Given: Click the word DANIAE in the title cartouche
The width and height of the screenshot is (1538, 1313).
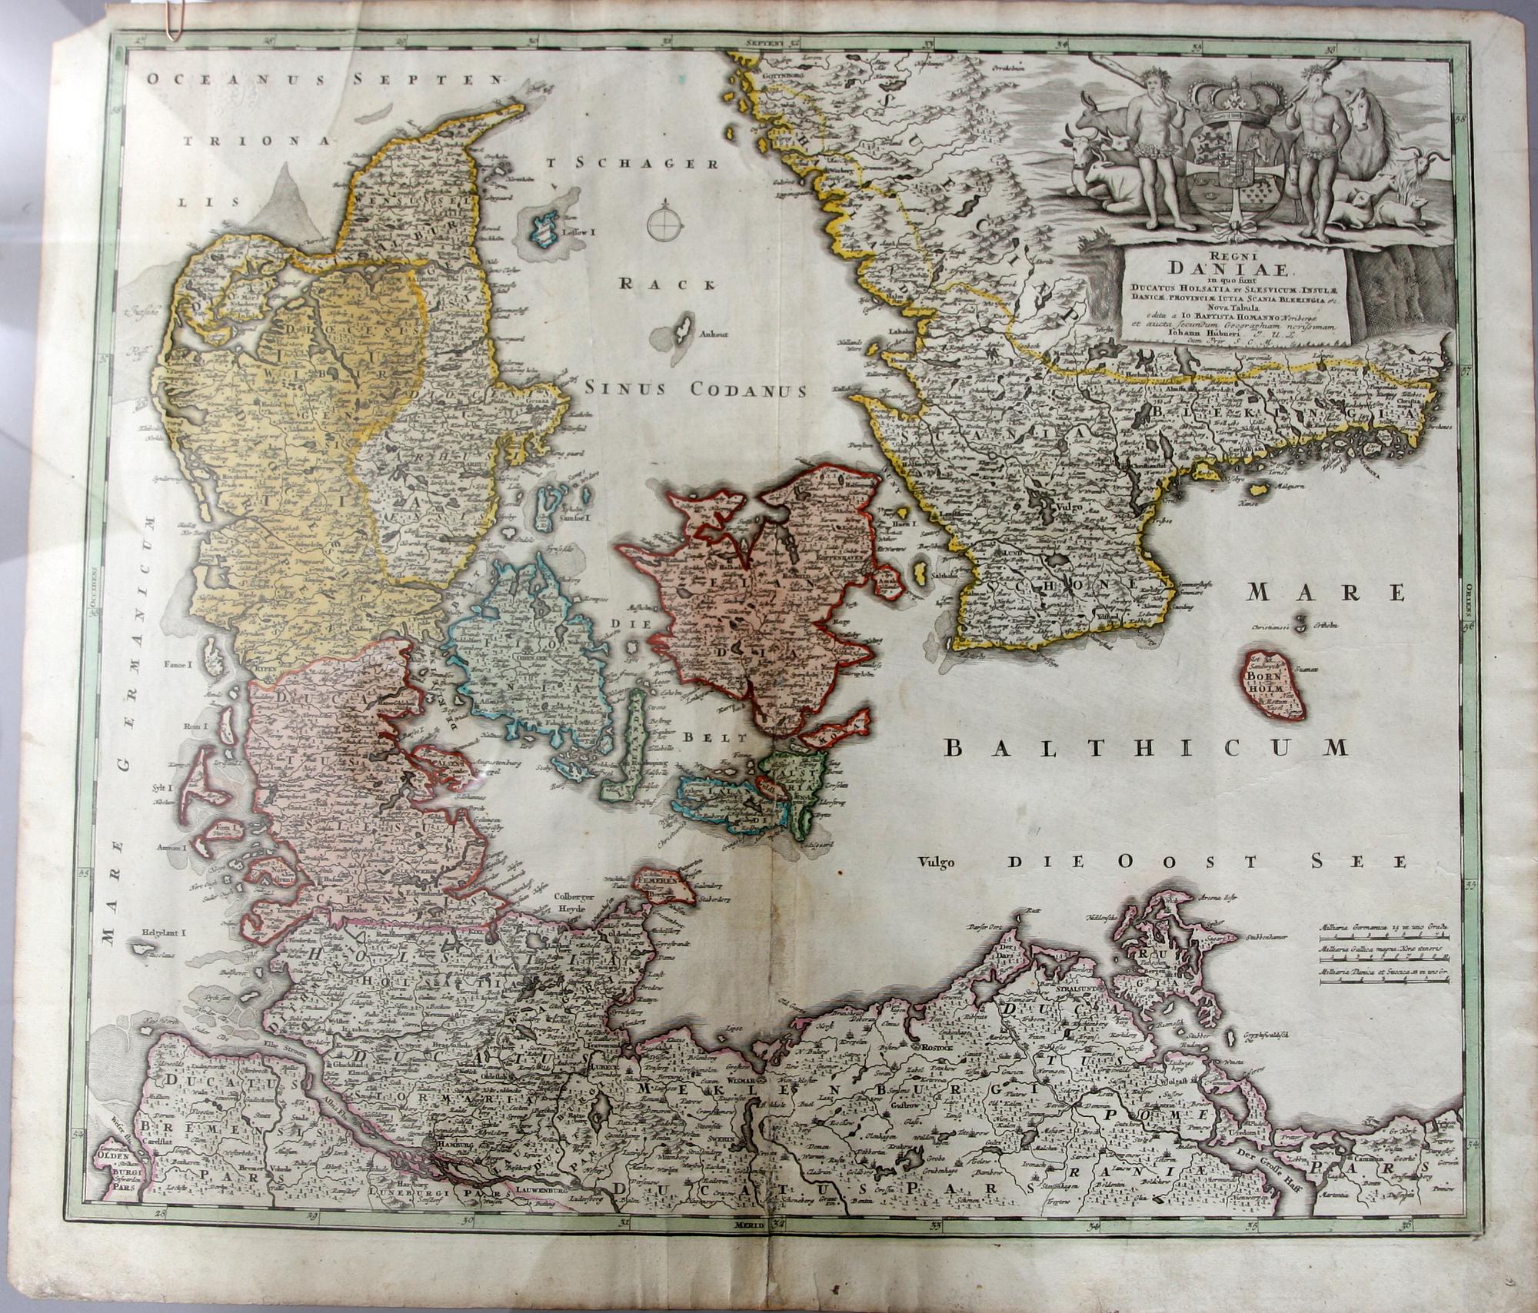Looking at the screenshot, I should tap(1232, 269).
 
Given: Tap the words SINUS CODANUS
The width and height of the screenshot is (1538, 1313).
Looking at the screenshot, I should tap(695, 390).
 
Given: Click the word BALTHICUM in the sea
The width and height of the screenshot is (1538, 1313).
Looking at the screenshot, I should tap(1146, 748).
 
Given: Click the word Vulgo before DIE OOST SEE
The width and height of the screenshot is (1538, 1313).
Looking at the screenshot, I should tap(936, 863).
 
